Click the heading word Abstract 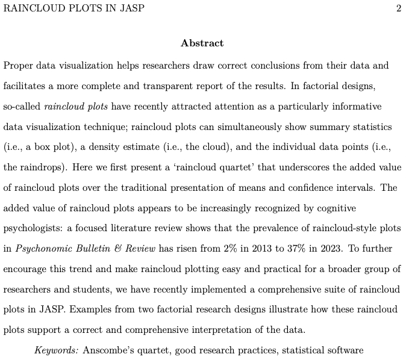(x=202, y=43)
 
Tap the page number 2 (x=399, y=8)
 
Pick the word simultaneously (x=251, y=127)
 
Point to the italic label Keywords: (x=57, y=350)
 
